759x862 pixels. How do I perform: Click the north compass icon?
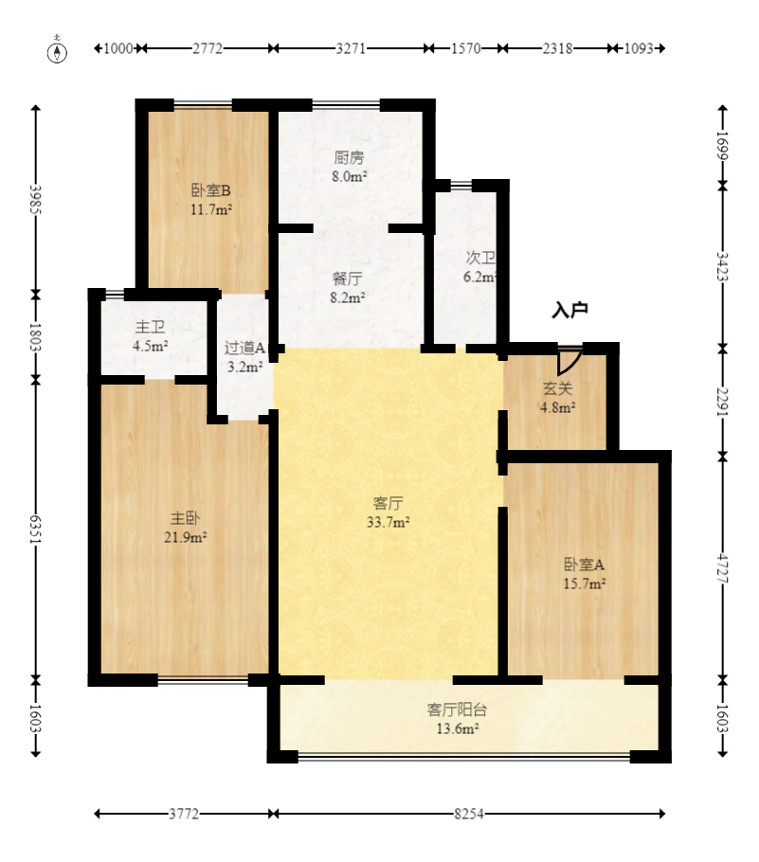(57, 51)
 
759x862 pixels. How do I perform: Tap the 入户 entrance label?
(569, 310)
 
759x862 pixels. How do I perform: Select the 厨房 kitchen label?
(349, 158)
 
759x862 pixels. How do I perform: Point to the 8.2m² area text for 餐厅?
(348, 298)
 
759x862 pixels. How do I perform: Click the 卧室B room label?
(211, 190)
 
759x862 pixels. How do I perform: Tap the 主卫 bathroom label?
(150, 327)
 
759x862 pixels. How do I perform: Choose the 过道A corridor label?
(244, 348)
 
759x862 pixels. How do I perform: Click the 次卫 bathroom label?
(480, 258)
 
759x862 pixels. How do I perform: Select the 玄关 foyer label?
(558, 388)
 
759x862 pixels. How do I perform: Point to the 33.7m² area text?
(389, 522)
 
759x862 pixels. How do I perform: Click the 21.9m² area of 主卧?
(186, 537)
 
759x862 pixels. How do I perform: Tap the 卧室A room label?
(584, 565)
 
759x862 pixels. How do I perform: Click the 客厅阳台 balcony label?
(457, 709)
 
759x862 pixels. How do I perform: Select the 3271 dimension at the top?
(351, 48)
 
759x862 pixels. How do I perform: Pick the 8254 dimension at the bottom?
(469, 814)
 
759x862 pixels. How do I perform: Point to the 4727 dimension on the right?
(723, 568)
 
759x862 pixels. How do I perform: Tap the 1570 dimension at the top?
(466, 48)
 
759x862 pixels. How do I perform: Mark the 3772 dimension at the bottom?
(184, 814)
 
